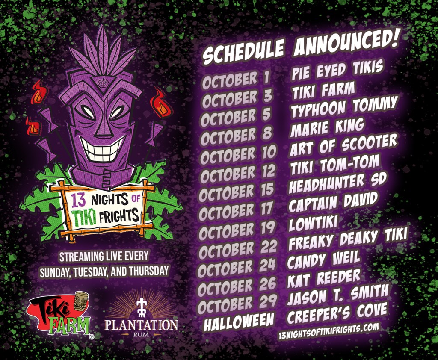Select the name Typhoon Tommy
(344, 107)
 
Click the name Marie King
(327, 127)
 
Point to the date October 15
(237, 193)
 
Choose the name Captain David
(333, 201)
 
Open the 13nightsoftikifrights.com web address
(328, 331)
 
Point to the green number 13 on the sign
(76, 200)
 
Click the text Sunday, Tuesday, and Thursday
(104, 271)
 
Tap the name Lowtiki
(314, 222)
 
